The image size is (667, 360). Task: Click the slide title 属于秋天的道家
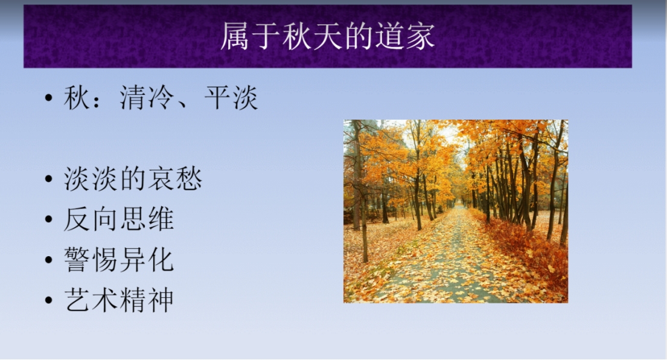(x=328, y=36)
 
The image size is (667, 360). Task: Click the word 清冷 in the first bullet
(x=147, y=97)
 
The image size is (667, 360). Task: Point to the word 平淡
(x=231, y=97)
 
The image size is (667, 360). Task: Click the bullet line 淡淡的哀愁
(x=133, y=178)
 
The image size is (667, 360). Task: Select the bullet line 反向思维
(x=119, y=219)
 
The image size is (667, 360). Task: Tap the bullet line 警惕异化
(x=119, y=259)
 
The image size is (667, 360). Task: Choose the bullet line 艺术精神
(x=119, y=300)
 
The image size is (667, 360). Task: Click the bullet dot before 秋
(x=48, y=98)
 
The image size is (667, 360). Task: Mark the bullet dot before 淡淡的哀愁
(x=48, y=179)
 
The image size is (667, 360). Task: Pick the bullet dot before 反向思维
(x=48, y=219)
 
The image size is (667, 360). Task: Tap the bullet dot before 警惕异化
(x=48, y=260)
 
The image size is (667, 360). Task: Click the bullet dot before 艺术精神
(x=48, y=300)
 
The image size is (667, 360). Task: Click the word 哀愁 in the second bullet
(x=175, y=178)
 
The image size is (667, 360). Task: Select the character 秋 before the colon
(x=77, y=97)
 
